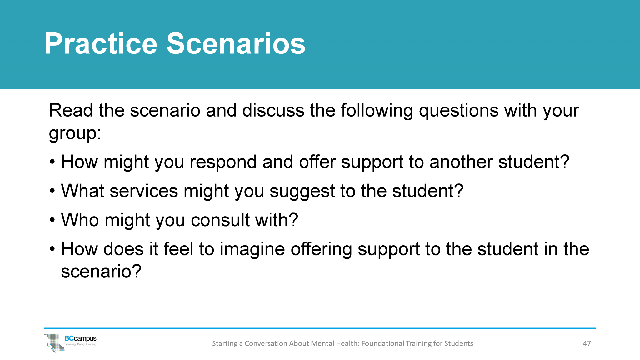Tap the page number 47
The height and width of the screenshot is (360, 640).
[x=587, y=343]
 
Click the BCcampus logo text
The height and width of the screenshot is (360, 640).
[x=80, y=338]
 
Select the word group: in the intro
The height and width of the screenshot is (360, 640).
[x=75, y=133]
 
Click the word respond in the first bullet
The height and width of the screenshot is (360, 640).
[x=223, y=162]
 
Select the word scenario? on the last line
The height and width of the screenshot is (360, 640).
[x=101, y=271]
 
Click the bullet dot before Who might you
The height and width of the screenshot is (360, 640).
[x=52, y=220]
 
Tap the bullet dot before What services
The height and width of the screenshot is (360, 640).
[x=52, y=191]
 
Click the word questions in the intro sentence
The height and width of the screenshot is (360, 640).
[x=458, y=111]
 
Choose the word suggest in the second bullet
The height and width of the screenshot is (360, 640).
[x=302, y=192]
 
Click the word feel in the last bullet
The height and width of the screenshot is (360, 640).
[x=178, y=249]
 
